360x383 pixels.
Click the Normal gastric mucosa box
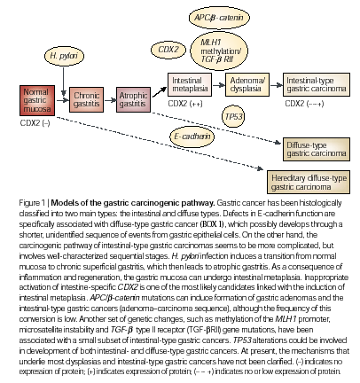click(x=37, y=100)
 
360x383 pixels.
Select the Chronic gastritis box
click(x=86, y=99)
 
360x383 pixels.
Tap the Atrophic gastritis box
click(x=133, y=99)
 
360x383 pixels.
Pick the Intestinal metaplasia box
click(x=190, y=85)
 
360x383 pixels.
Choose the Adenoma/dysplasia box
click(x=247, y=85)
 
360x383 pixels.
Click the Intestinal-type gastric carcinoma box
click(x=317, y=85)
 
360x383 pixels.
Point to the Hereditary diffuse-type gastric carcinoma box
click(x=309, y=183)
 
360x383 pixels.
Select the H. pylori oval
click(x=64, y=56)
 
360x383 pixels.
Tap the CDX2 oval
click(x=168, y=50)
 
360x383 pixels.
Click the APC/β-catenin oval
click(x=219, y=18)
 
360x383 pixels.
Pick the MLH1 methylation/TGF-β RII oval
click(x=219, y=51)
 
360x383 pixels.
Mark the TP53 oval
click(x=233, y=116)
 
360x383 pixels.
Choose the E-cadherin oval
click(x=192, y=137)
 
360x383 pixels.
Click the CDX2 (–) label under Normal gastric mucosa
click(x=35, y=123)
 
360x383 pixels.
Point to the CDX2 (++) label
click(x=185, y=104)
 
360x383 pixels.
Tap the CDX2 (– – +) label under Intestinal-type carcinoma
click(x=304, y=104)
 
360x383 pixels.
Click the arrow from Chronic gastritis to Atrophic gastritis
click(x=110, y=100)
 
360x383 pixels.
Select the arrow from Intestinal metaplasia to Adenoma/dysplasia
click(x=219, y=85)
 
